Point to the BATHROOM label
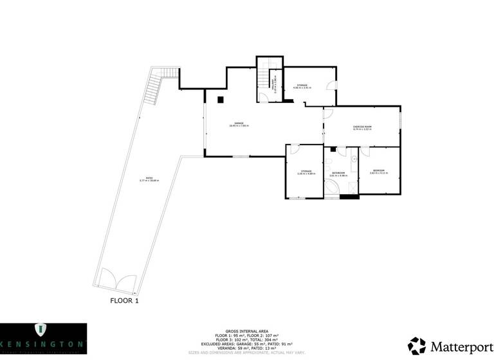(339, 174)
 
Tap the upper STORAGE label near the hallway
(302, 86)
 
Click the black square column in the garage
(221, 100)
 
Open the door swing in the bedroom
(365, 152)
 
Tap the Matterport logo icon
(416, 345)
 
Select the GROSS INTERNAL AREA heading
(247, 328)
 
